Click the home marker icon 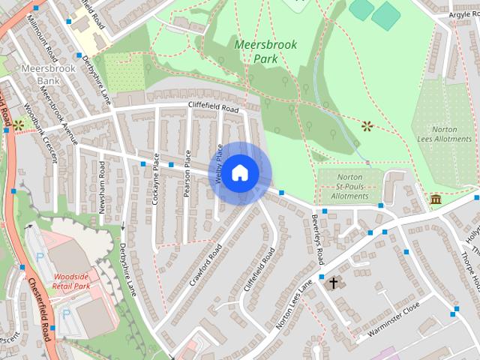239,173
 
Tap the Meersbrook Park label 265,51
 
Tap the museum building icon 436,199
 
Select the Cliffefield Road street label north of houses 213,108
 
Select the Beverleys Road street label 316,239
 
